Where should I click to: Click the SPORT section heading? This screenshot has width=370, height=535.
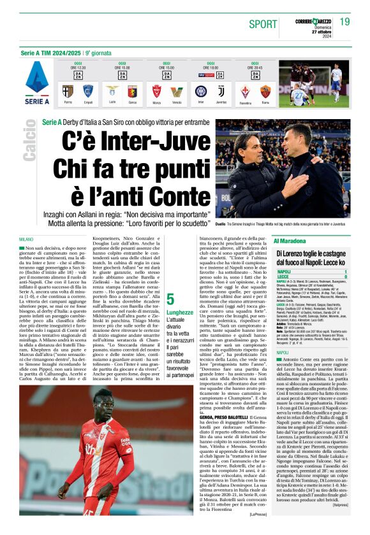pyautogui.click(x=263, y=24)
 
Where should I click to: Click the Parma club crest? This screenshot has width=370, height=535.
pyautogui.click(x=67, y=91)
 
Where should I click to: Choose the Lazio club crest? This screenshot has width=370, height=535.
pyautogui.click(x=112, y=91)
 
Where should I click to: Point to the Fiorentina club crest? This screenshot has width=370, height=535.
pyautogui.click(x=246, y=91)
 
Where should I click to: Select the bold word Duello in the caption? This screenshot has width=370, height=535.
pyautogui.click(x=223, y=224)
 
